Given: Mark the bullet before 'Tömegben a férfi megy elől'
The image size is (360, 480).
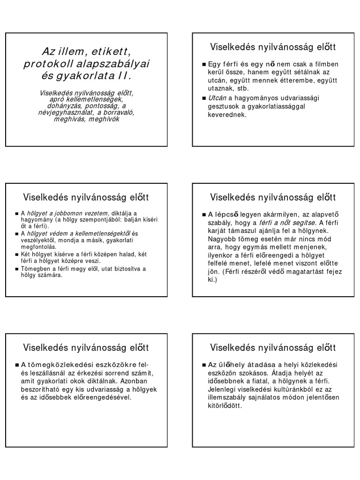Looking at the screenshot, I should click(16, 269).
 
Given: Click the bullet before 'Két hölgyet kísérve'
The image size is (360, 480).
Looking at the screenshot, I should click(16, 254).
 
